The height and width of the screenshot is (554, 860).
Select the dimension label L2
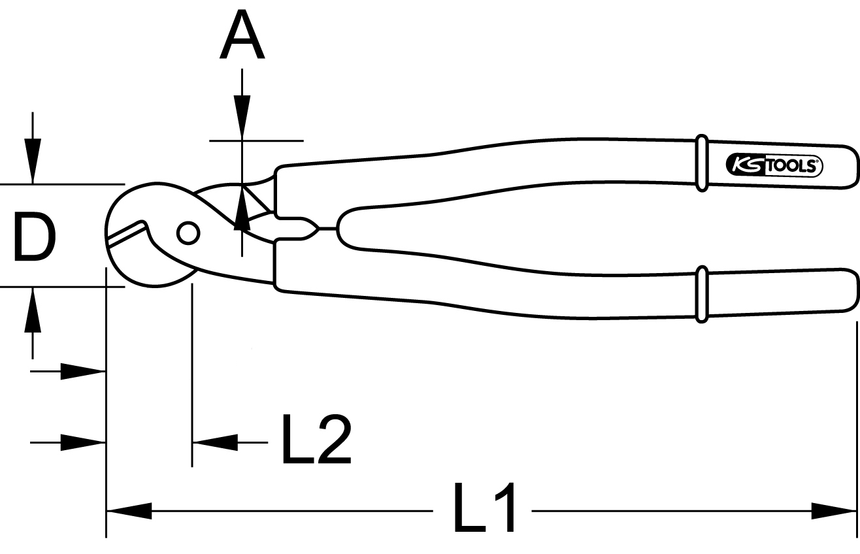point(316,439)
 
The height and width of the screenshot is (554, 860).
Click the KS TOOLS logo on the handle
point(774,166)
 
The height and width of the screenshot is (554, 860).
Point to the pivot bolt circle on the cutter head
point(188,233)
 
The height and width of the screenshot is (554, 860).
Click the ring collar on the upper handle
point(701,163)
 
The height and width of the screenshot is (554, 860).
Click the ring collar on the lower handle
point(701,294)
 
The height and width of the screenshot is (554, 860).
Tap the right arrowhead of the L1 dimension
point(834,510)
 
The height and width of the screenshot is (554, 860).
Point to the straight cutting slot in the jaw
point(127,233)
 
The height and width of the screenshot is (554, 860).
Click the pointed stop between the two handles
point(312,228)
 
